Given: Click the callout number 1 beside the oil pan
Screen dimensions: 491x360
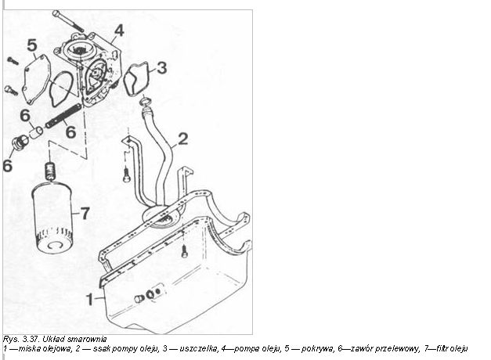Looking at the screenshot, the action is (90, 299).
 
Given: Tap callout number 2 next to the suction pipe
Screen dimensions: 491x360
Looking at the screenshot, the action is (183, 139).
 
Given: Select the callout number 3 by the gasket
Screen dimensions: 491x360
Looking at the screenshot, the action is (161, 68).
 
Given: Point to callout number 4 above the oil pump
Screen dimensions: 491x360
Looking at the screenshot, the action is (119, 31).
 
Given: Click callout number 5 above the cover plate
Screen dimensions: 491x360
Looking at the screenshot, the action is (32, 45).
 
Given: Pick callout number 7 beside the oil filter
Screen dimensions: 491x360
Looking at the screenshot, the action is (85, 214).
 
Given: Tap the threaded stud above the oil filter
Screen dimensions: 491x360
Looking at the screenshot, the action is (50, 171).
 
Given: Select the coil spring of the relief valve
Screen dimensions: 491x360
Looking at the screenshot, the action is (64, 116).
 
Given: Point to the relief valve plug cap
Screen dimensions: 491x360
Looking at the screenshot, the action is (20, 142).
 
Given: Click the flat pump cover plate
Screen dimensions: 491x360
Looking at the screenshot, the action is (36, 80).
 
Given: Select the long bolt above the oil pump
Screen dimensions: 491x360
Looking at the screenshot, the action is (68, 20).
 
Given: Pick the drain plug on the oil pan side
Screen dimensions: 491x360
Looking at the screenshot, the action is (139, 299).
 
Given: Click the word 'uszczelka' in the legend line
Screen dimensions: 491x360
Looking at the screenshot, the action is (198, 348).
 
